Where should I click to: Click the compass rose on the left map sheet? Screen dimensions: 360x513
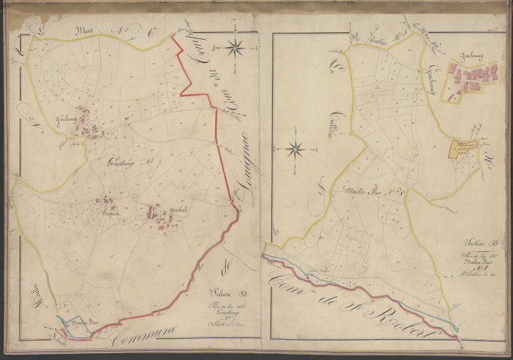[235, 48]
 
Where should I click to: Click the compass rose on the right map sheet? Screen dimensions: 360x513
[296, 148]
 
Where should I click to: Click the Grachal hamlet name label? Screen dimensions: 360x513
[178, 208]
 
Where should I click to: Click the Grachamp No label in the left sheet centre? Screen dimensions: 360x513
[129, 162]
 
